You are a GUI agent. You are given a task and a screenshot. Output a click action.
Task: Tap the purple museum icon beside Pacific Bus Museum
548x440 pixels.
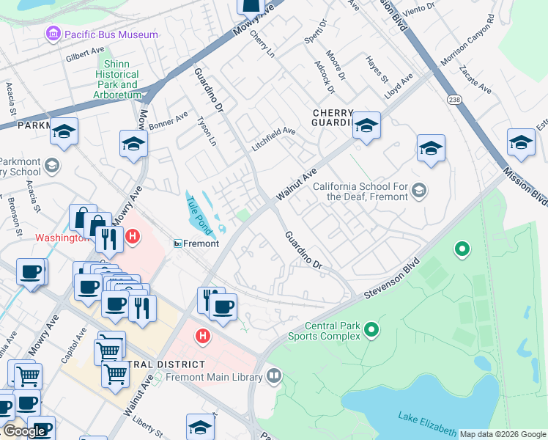pos(53,34)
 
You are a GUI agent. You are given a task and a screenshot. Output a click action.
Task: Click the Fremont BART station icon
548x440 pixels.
pos(177,243)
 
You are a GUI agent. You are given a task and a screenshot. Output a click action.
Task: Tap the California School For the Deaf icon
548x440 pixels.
pos(418,191)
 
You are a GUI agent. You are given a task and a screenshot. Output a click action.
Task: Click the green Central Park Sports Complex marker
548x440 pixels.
pos(371,331)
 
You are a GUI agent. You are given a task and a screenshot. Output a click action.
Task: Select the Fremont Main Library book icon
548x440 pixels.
pos(274,377)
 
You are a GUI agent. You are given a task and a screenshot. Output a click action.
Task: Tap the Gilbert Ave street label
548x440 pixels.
pos(85,54)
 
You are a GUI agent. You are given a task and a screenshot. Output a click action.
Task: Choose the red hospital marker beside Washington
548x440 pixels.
pos(133,237)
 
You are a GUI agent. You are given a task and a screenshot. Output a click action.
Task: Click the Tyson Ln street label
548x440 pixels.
pos(209,131)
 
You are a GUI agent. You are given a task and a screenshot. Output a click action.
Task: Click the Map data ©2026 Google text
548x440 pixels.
pos(503,434)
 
